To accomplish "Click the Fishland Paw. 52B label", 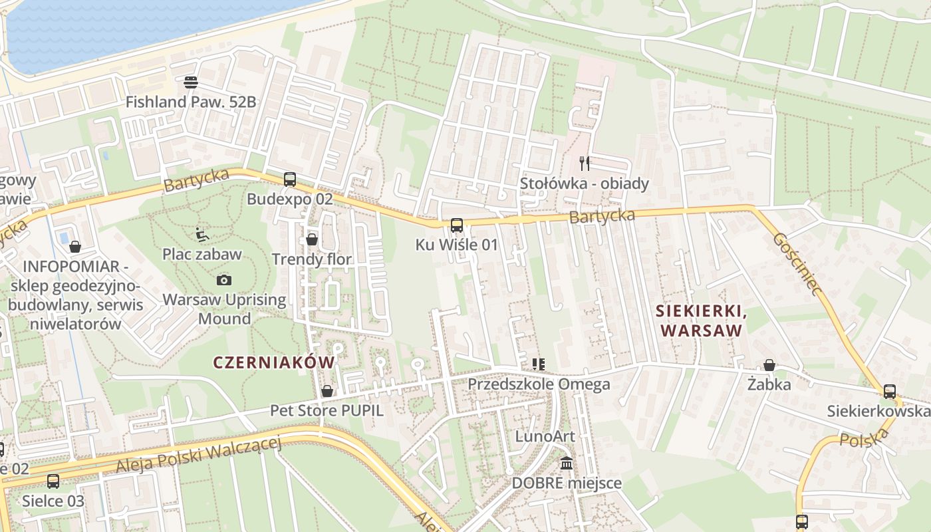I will [191, 102].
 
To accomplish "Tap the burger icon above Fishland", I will [191, 82].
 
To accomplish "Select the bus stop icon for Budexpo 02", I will [289, 179].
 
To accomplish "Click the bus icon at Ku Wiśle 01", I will [456, 225].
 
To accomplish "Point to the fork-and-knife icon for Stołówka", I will [585, 163].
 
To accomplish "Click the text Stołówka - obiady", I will [585, 183].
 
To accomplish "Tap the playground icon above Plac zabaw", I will [202, 234].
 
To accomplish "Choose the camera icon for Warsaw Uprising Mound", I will [224, 280].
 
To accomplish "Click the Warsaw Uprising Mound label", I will [224, 309].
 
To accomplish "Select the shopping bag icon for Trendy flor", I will [312, 239].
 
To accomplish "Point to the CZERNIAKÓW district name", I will [273, 362].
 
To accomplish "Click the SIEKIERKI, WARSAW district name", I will [698, 320].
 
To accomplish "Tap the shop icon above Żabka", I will [769, 365].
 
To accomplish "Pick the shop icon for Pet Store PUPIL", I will [327, 391].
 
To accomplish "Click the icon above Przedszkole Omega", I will [539, 364].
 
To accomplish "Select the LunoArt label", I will [545, 436].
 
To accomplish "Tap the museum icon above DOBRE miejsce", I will [567, 463].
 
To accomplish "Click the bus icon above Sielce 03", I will [53, 481].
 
